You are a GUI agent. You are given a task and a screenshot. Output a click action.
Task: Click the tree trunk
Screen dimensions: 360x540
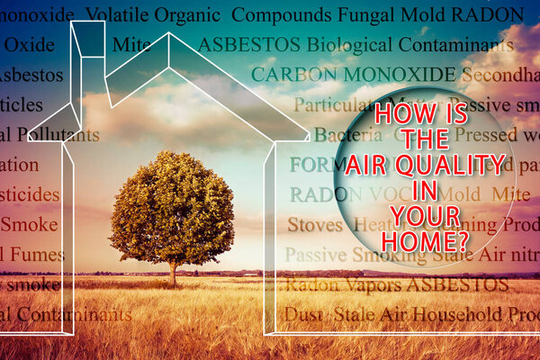(x=173, y=270)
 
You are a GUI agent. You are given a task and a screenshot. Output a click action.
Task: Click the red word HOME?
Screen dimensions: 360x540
(x=425, y=240)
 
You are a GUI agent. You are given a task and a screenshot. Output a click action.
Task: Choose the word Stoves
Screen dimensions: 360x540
(x=314, y=224)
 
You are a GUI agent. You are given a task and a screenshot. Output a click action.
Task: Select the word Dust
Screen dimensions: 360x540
(x=303, y=314)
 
